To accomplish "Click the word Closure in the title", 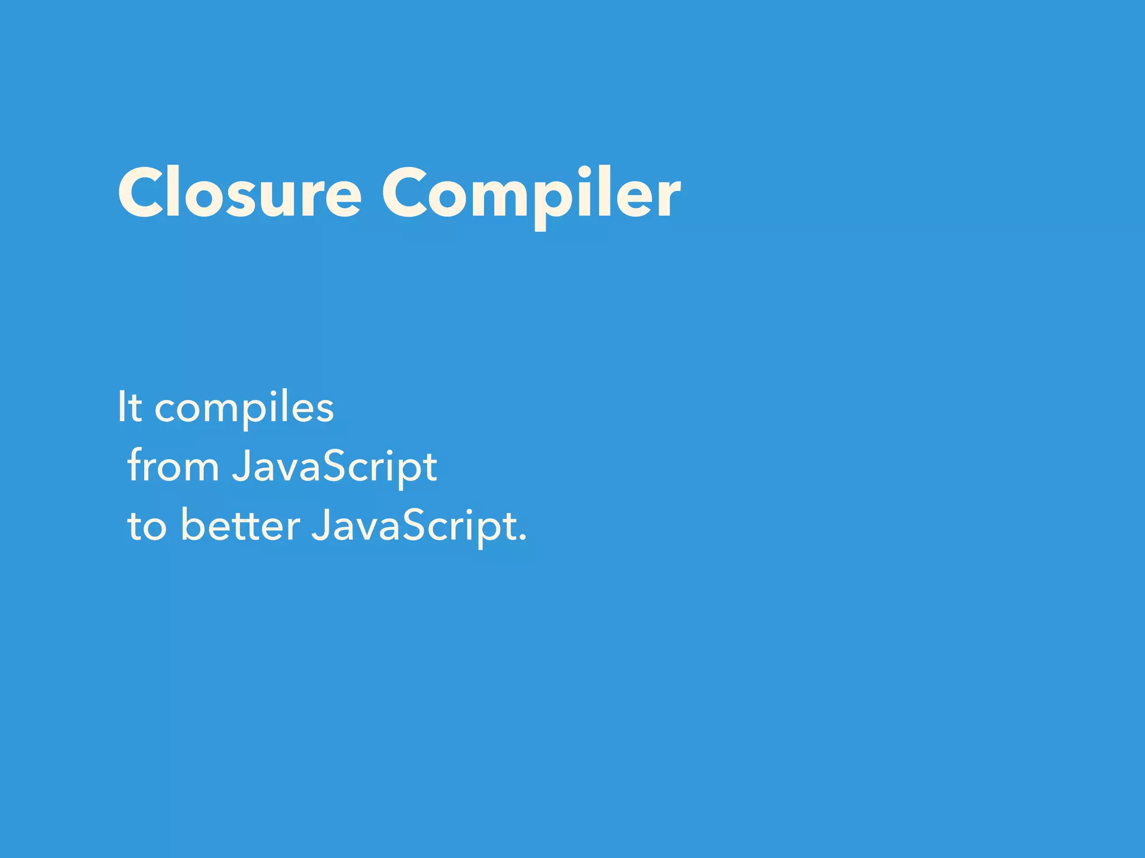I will pyautogui.click(x=239, y=193).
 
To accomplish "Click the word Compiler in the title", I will pyautogui.click(x=531, y=193).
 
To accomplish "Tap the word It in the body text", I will pyautogui.click(x=130, y=407).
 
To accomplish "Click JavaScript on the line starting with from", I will pyautogui.click(x=334, y=466).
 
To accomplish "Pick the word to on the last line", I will pyautogui.click(x=147, y=526).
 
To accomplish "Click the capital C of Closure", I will pyautogui.click(x=140, y=193).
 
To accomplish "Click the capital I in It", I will pyautogui.click(x=121, y=407).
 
